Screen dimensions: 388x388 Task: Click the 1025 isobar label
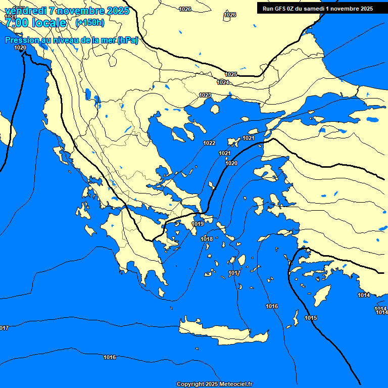(x=231, y=74)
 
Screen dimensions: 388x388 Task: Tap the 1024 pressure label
(x=223, y=82)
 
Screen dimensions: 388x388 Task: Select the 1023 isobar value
(x=205, y=95)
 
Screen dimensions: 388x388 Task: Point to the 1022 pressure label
(x=209, y=143)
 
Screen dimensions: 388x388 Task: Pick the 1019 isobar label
(x=198, y=224)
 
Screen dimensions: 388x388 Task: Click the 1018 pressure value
(x=207, y=239)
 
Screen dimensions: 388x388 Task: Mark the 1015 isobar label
(x=311, y=318)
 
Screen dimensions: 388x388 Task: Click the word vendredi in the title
(x=25, y=11)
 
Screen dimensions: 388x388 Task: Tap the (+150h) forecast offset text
(x=90, y=22)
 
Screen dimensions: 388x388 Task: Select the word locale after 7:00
(x=48, y=23)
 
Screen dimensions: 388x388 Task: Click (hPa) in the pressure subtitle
(x=127, y=40)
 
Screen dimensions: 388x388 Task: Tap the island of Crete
(x=222, y=331)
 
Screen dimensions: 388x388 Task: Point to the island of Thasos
(x=215, y=109)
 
